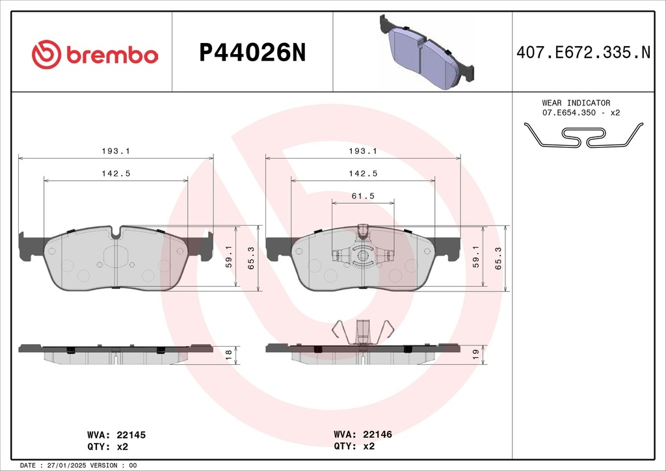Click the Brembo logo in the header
pos(95,55)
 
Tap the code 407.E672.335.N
pos(583,53)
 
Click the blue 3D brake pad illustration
pos(427,52)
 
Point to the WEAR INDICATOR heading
pos(576,103)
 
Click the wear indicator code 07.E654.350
pos(569,113)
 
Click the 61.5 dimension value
pos(363,196)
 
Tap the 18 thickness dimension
pos(228,355)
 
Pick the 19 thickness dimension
pos(475,355)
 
